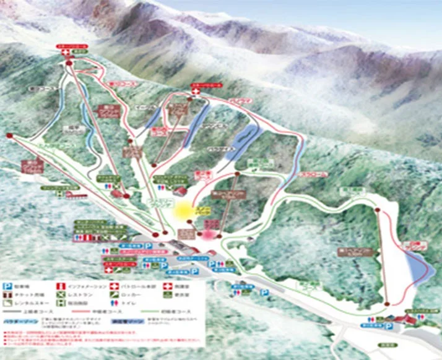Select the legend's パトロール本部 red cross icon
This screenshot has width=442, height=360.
tap(114, 286)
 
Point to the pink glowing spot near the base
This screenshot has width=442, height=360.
tap(209, 234)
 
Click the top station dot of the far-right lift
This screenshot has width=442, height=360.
tap(378, 210)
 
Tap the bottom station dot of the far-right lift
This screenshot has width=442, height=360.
tap(387, 304)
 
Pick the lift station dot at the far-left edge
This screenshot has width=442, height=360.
tap(9, 135)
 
